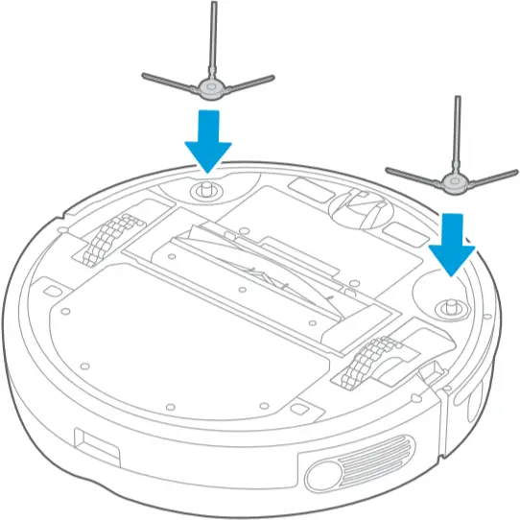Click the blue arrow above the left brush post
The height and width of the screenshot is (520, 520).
point(208,140)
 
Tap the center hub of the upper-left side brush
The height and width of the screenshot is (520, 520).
point(208,88)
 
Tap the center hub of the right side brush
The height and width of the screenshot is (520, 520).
point(450,182)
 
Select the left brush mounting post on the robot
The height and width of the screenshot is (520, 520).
point(204,189)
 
